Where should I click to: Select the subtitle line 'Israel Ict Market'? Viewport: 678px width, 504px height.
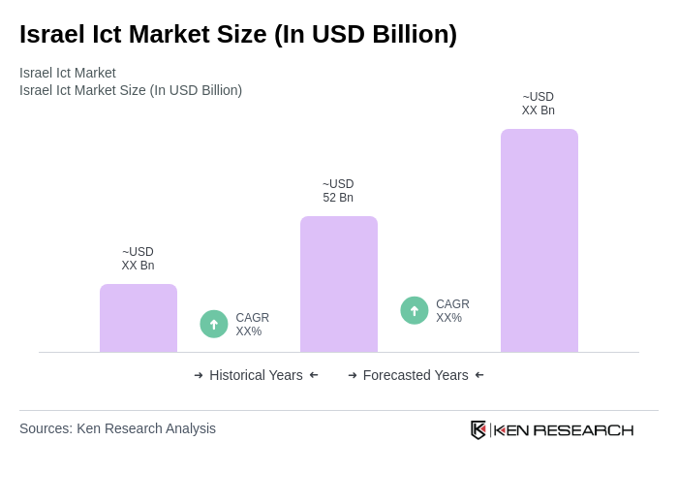[x=68, y=73]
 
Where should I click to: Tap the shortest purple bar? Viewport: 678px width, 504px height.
[x=139, y=319]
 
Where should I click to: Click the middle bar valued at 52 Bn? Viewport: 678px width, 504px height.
[x=339, y=285]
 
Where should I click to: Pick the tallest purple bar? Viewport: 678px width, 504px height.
[x=539, y=241]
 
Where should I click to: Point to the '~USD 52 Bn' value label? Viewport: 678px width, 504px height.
[x=338, y=191]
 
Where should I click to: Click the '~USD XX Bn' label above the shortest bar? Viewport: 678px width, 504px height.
[x=138, y=259]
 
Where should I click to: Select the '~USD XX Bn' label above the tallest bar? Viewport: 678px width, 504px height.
[x=539, y=104]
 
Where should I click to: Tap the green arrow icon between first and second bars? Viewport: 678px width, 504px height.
[x=214, y=324]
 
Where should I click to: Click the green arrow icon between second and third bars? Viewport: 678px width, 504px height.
[x=415, y=310]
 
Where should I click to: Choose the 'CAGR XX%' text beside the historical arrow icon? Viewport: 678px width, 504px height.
[x=252, y=325]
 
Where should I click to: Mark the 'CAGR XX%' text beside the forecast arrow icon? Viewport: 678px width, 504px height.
[x=452, y=311]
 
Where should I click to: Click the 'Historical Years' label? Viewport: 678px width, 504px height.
[x=256, y=375]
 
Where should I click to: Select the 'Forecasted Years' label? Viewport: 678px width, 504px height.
[x=416, y=375]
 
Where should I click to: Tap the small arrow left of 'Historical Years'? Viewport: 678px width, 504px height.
[x=199, y=375]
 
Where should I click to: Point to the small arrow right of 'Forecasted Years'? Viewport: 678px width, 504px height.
[x=479, y=375]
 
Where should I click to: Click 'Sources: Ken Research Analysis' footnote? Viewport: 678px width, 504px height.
[x=117, y=428]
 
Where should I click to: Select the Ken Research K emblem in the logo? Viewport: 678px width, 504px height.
[x=478, y=429]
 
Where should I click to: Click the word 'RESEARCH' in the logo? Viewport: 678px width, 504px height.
[x=583, y=429]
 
